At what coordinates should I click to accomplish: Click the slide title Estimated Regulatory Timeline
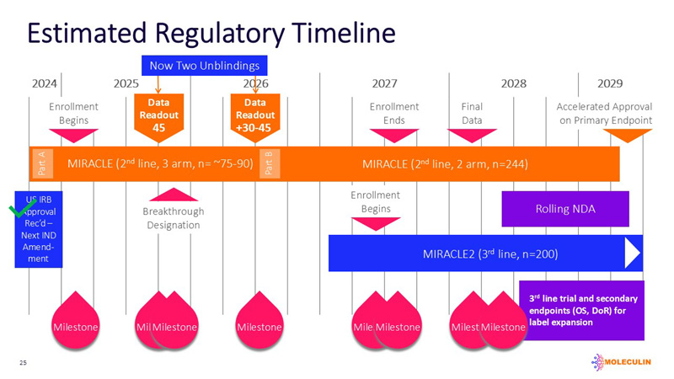click(x=211, y=33)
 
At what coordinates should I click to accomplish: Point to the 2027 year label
click(x=384, y=84)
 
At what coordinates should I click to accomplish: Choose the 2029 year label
click(x=609, y=84)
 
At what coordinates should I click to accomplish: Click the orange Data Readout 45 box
click(x=158, y=115)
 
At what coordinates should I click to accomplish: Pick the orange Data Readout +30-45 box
click(x=254, y=115)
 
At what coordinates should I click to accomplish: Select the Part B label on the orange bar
click(x=268, y=164)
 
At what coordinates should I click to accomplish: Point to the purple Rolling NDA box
click(x=564, y=209)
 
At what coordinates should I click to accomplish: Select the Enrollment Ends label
click(x=393, y=114)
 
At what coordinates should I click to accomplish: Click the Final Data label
click(x=472, y=114)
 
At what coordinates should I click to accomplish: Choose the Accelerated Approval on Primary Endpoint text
click(x=604, y=114)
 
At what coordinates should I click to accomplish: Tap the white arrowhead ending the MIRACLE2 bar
click(x=632, y=253)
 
